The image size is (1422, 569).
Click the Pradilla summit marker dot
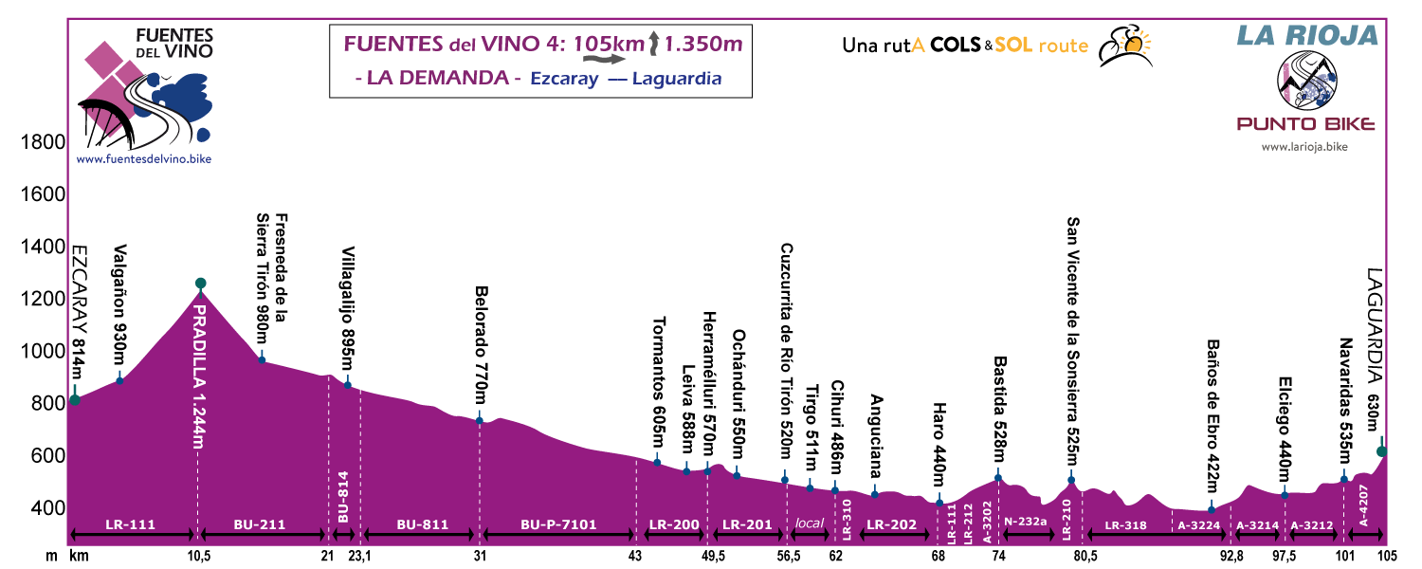tap(200, 283)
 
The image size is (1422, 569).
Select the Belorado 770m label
tap(481, 342)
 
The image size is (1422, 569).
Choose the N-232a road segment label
tap(1026, 522)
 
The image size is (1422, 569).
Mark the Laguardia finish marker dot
tap(1382, 451)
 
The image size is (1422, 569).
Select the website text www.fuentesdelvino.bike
tap(143, 158)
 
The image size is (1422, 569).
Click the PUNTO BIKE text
tap(1305, 123)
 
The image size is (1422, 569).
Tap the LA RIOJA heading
tap(1306, 35)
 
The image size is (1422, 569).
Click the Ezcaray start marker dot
tap(75, 399)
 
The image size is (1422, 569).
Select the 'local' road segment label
tap(809, 523)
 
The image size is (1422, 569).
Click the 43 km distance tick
tap(636, 555)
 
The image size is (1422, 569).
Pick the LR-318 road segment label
tap(1126, 523)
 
